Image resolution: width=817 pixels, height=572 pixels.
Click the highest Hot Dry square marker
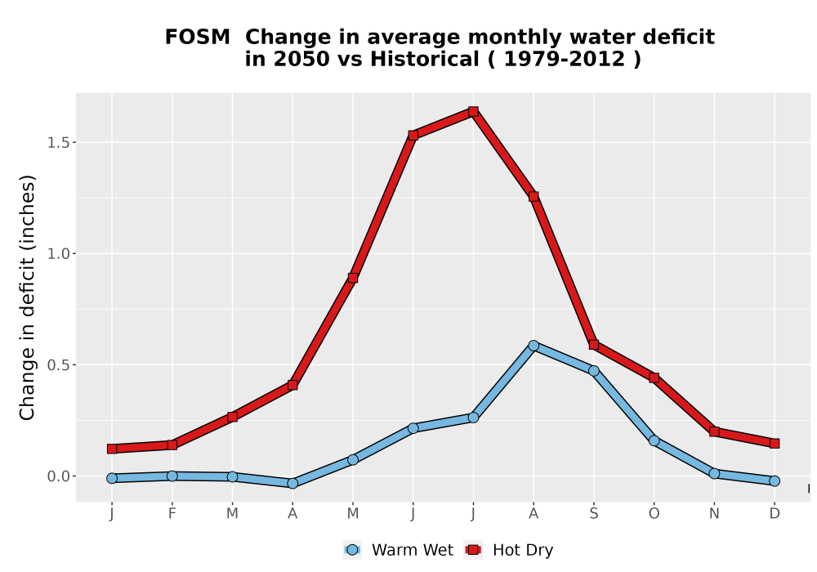[473, 111]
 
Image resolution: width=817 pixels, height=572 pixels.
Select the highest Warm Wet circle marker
[534, 346]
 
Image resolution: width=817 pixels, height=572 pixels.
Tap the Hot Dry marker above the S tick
[594, 345]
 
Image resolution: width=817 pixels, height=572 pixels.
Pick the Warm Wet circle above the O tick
[654, 440]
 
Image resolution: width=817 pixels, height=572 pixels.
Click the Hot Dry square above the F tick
[172, 445]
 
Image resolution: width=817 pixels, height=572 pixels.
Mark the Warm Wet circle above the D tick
[775, 480]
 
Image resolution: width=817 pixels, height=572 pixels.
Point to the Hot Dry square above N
[714, 431]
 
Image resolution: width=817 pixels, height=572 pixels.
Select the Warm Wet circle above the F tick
[172, 476]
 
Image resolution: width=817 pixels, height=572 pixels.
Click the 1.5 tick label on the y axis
[58, 143]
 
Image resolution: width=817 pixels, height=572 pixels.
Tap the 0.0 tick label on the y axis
[58, 476]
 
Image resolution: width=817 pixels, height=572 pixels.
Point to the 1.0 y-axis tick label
[58, 253]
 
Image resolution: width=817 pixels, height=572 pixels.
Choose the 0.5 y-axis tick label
[58, 365]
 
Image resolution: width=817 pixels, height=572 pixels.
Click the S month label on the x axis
[594, 514]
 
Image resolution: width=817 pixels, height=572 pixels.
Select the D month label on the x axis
[775, 514]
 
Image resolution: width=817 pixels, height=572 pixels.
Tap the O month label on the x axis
[654, 514]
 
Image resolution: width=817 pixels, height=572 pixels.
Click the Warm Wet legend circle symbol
[353, 550]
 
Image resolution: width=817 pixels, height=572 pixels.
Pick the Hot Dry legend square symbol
[473, 550]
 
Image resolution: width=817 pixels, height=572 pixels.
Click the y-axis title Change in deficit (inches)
[27, 297]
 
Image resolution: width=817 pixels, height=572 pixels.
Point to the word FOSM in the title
[198, 38]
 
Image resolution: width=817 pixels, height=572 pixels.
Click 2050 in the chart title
[301, 60]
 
